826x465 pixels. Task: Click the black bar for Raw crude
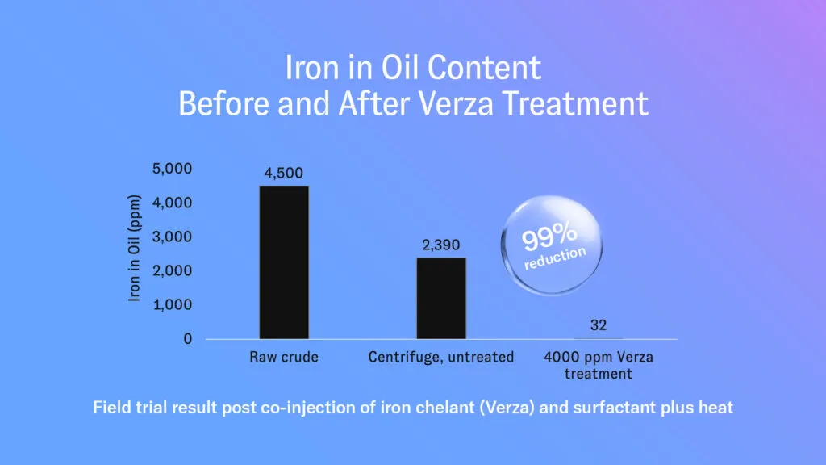coord(284,262)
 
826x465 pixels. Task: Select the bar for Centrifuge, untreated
coord(441,299)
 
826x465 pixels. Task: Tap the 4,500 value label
coord(283,173)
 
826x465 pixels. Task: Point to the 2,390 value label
coord(441,245)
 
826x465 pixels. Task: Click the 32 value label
coord(599,325)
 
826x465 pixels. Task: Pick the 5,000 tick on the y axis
coord(173,169)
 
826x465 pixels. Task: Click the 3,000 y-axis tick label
coord(173,237)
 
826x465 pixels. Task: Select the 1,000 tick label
coord(173,304)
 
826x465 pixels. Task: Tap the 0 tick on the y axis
coord(187,338)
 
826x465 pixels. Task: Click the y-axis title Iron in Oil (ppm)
coord(135,249)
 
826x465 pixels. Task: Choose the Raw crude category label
coord(284,357)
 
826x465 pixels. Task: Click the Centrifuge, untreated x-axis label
coord(441,357)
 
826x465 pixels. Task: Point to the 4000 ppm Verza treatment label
coord(599,366)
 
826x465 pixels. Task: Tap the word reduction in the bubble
coord(555,258)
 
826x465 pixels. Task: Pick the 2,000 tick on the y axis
coord(173,270)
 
